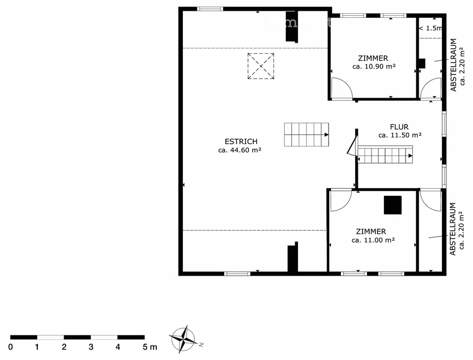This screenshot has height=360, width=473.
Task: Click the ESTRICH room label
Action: pos(241,142)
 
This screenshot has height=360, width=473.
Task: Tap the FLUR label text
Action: pos(399,127)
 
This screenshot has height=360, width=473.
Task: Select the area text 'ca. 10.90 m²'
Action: pos(374,67)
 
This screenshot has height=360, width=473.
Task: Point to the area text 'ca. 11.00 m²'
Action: pos(373,240)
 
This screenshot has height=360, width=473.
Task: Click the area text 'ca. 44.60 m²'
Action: pos(240,150)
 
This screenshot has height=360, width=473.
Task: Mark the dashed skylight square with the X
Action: pos(261,66)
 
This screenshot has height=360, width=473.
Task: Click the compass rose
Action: pos(183,339)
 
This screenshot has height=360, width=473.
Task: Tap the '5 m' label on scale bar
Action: pos(150,347)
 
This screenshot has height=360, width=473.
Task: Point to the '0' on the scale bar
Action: pos(10,347)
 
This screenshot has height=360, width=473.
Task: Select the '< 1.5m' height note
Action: pos(431,28)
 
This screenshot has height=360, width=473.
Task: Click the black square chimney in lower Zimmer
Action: pos(393,205)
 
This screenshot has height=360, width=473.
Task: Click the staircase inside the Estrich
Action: pos(306,135)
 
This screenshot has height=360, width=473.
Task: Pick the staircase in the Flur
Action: pos(385,155)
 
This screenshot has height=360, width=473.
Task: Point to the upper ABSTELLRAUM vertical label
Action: pos(453,65)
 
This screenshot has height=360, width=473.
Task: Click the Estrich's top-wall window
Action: pos(210,9)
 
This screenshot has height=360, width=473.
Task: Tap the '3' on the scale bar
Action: pos(91,347)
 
